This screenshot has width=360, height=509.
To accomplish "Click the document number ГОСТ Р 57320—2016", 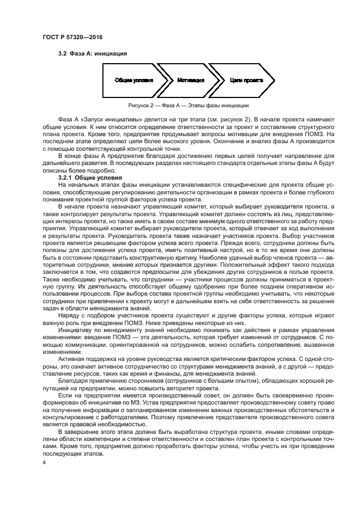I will tap(72, 36).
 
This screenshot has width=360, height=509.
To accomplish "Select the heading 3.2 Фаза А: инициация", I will tap(93, 54).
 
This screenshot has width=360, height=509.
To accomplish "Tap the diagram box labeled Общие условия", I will tap(133, 80).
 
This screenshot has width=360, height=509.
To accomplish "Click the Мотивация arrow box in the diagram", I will tap(190, 80).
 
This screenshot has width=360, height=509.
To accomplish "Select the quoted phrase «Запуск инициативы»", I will tap(103, 119).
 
